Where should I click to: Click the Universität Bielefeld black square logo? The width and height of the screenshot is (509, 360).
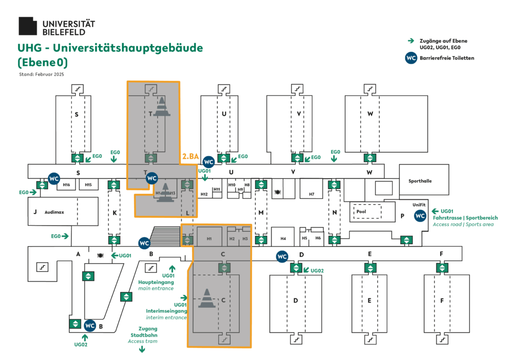pos(27,26)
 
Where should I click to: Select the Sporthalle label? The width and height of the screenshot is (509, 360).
pos(420,181)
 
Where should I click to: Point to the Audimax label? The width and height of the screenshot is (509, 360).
pos(54,212)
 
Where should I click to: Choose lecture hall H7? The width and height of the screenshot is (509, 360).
pos(311,194)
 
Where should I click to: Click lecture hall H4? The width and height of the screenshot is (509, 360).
pos(283,239)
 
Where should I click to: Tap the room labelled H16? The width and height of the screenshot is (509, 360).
pos(67,185)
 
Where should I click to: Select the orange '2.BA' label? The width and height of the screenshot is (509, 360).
pos(191,157)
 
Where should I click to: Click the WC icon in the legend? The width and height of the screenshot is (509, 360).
pos(411,58)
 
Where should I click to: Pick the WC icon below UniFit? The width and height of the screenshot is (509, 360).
pos(420,216)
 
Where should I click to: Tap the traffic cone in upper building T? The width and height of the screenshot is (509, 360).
pos(161,106)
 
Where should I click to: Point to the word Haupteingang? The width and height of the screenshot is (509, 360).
pos(156,282)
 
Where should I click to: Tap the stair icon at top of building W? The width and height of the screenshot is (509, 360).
pos(369,89)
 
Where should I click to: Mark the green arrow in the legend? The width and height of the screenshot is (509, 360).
pos(411,41)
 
